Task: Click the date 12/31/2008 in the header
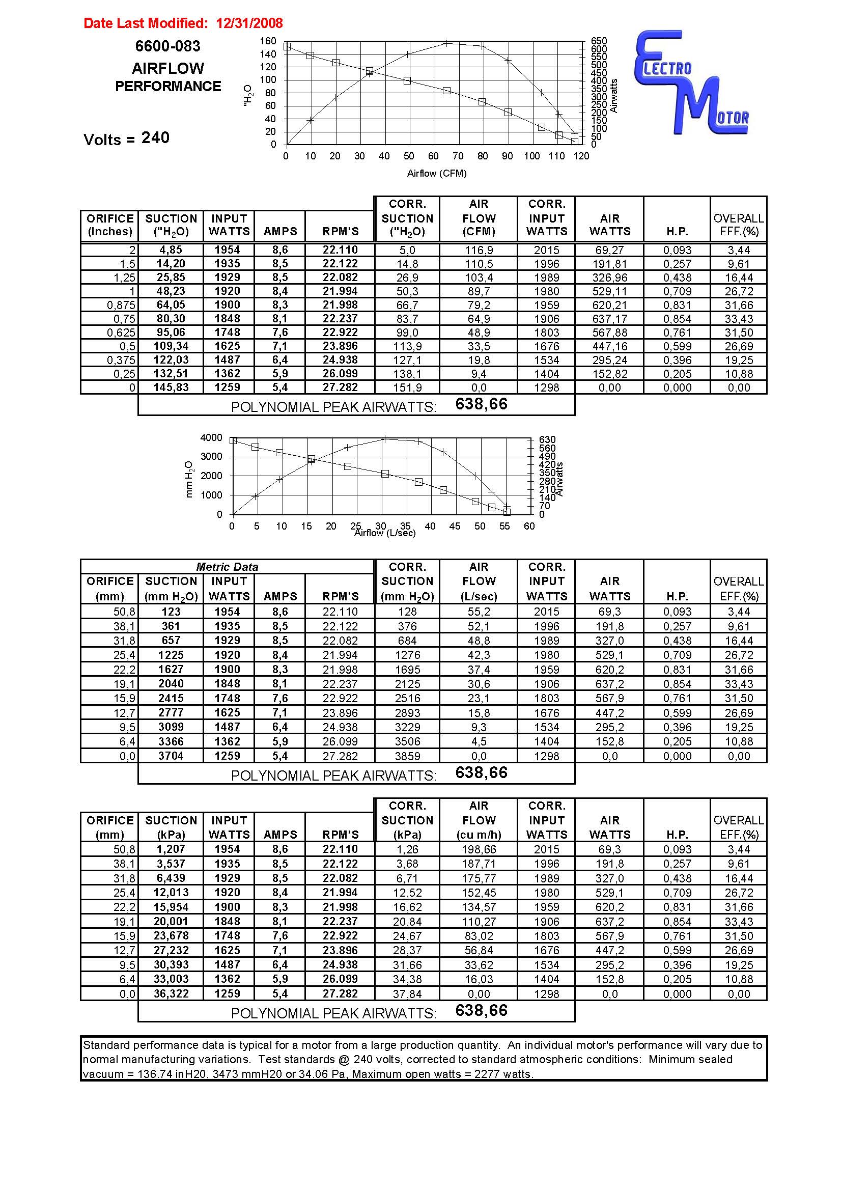(x=249, y=23)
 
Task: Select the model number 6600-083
(x=167, y=47)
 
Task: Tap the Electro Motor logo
(x=692, y=83)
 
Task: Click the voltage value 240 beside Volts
(x=155, y=138)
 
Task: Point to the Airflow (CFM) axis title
(x=437, y=173)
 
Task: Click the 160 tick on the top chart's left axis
(x=268, y=41)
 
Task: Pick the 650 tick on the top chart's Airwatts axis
(x=599, y=41)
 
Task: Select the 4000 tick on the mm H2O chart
(x=211, y=438)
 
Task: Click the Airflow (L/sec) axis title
(x=385, y=533)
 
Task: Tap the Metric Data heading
(x=227, y=567)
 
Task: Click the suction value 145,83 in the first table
(x=171, y=387)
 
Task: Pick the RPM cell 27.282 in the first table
(x=340, y=387)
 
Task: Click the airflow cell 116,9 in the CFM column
(x=479, y=250)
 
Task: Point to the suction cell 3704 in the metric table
(x=171, y=756)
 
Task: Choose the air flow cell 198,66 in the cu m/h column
(x=479, y=850)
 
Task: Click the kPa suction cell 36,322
(x=171, y=994)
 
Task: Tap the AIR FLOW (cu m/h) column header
(x=479, y=820)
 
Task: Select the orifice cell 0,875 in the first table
(x=121, y=306)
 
